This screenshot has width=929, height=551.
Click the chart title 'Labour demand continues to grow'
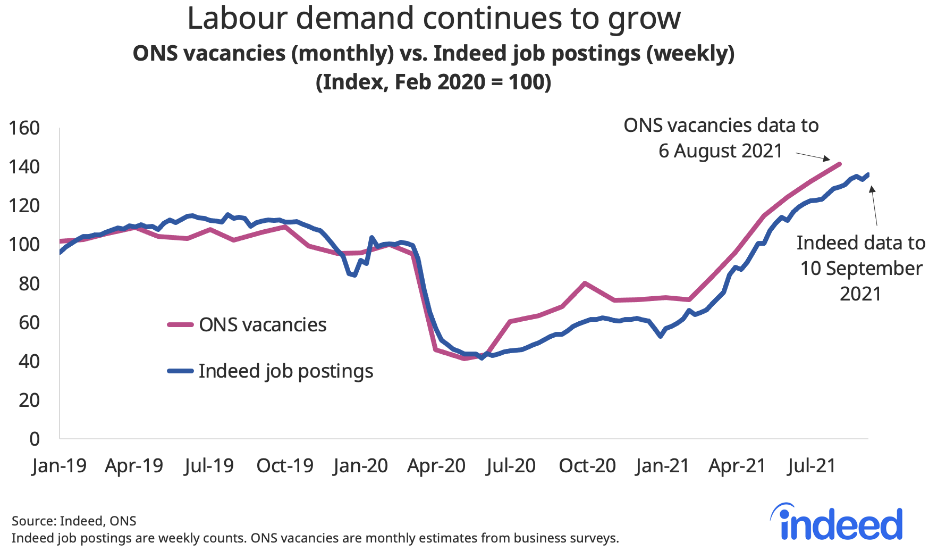(x=434, y=19)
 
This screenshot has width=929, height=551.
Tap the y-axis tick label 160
(x=24, y=128)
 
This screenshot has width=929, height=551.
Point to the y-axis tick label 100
(x=24, y=245)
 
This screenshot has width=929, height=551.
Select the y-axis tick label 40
(x=29, y=362)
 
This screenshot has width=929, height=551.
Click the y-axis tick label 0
(x=35, y=439)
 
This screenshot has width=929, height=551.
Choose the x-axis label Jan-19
(x=58, y=466)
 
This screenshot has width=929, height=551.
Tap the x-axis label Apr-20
(x=436, y=466)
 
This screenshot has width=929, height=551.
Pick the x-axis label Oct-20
(x=587, y=466)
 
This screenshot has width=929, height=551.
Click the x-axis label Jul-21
(x=812, y=466)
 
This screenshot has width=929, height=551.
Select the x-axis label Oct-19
(x=285, y=466)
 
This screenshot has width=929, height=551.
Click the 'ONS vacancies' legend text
(x=263, y=325)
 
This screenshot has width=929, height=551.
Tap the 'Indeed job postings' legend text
(x=285, y=371)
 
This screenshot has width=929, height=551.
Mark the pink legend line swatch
(x=180, y=324)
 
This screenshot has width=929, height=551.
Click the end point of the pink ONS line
(x=840, y=164)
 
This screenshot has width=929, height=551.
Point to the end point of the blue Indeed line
(x=868, y=174)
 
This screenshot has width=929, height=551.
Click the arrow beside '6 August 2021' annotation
(x=813, y=156)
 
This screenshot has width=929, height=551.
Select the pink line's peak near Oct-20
(x=585, y=283)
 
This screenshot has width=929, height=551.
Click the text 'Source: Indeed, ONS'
(x=74, y=521)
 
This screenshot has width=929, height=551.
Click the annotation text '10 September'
(x=861, y=269)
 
